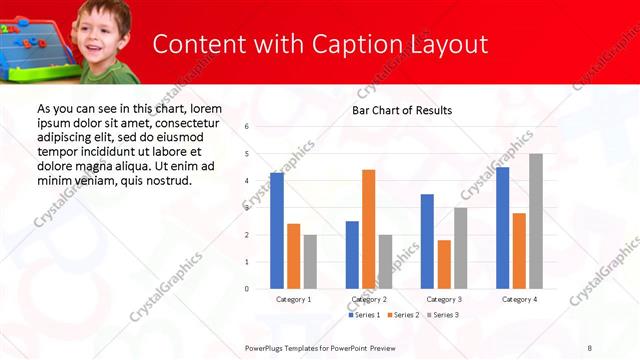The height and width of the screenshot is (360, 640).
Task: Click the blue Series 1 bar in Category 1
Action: [277, 230]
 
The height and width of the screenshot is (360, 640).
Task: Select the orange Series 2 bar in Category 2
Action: [369, 229]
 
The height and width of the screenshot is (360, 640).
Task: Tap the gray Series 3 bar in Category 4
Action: [536, 221]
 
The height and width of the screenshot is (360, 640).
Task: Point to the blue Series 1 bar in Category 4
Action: [502, 228]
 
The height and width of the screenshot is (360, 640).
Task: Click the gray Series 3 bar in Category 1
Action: [310, 261]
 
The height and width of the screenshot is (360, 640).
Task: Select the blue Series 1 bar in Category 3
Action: [427, 241]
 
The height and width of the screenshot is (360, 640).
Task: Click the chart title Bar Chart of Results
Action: [402, 110]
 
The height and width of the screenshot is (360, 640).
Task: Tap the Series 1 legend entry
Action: [364, 315]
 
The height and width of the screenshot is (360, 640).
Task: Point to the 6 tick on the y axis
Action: [246, 127]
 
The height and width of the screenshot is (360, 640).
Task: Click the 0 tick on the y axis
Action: [246, 289]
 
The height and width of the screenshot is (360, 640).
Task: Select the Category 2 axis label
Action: [369, 299]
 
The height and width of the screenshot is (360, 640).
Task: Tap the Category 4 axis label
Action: [519, 299]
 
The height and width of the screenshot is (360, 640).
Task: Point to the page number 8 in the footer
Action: [590, 347]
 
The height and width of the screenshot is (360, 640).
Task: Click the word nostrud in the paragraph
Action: [168, 180]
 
